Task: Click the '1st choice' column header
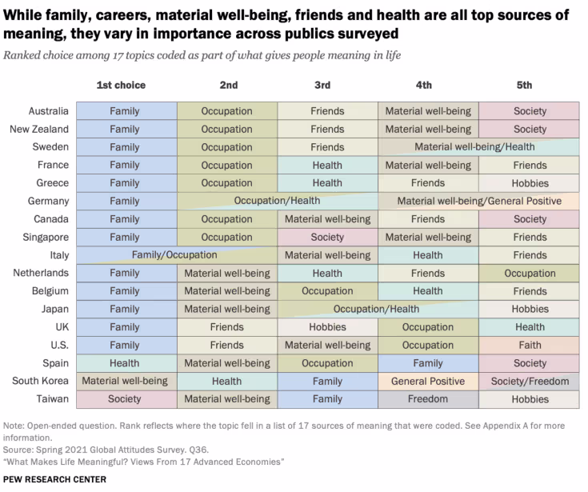(x=121, y=85)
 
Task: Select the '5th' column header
(x=524, y=85)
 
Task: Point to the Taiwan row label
(x=50, y=399)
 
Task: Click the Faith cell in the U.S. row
(x=530, y=346)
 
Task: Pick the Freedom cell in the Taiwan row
(x=428, y=399)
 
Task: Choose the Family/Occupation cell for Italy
(x=174, y=255)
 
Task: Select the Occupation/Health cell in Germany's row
(x=277, y=202)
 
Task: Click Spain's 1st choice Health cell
(x=125, y=363)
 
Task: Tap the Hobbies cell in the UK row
(x=327, y=327)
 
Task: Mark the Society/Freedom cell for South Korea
(x=530, y=382)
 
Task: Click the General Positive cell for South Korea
(x=428, y=382)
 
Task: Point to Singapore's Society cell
(x=327, y=238)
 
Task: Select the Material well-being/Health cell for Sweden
(x=474, y=147)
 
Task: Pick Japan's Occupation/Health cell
(x=376, y=310)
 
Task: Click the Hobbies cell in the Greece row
(x=530, y=183)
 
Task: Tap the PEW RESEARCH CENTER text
(x=54, y=479)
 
